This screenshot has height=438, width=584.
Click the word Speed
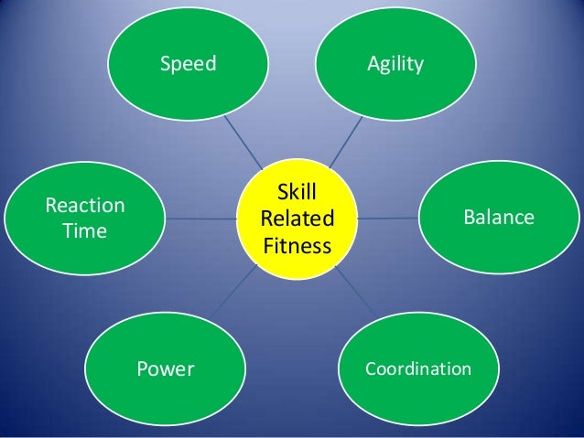(188, 64)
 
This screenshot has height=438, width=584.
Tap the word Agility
(396, 64)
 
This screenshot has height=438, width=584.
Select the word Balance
(498, 218)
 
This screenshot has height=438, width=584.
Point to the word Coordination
(418, 369)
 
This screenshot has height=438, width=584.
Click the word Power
(166, 369)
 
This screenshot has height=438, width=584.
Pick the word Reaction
(85, 205)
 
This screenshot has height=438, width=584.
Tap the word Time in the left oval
(84, 230)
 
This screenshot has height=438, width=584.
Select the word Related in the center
(297, 219)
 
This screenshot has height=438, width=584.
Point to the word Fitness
(297, 245)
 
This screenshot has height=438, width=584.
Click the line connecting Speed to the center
(238, 137)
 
